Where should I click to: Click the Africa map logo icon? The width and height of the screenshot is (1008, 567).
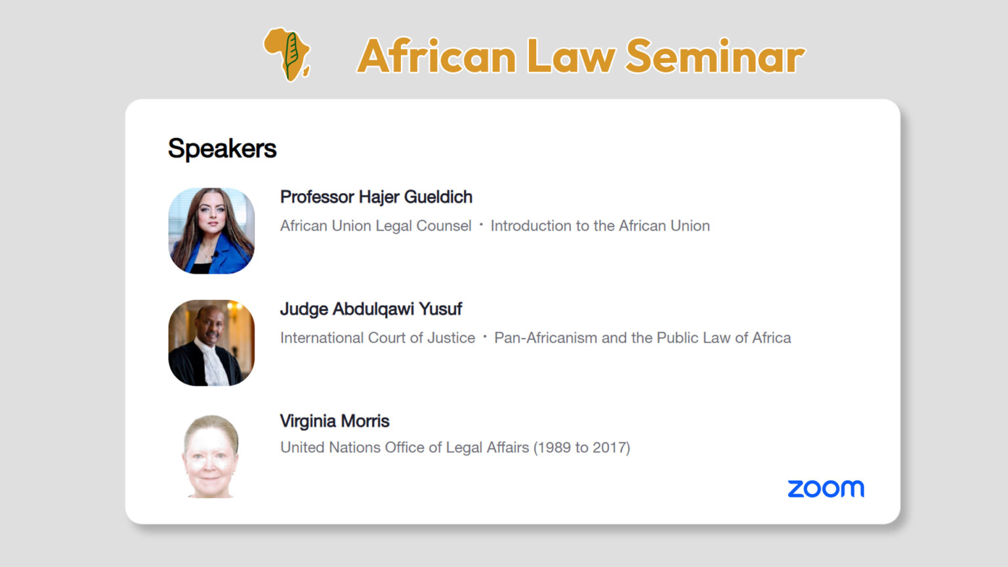tap(287, 54)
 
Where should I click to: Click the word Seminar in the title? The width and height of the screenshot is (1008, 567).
tap(715, 56)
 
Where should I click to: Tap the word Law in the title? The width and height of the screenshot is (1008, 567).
tap(570, 56)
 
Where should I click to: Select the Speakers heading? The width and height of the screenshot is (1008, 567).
tap(222, 148)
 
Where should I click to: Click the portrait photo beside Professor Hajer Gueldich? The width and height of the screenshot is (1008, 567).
tap(211, 231)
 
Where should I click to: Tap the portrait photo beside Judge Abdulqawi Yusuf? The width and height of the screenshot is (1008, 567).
tap(211, 343)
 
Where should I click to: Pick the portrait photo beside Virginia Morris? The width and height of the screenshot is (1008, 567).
tap(211, 456)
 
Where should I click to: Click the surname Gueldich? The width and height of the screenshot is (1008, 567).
tap(438, 197)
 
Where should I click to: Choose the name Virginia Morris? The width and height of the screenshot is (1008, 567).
tap(335, 421)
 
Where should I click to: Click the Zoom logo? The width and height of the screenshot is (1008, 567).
tap(826, 489)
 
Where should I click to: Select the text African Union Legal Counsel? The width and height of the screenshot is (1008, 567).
tap(375, 226)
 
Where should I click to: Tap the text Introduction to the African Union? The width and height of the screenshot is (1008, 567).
tap(600, 226)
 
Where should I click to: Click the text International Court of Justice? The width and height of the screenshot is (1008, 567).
tap(377, 338)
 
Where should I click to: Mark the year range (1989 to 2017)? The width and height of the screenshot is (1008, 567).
tap(581, 448)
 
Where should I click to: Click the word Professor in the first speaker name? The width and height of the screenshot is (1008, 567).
tap(318, 197)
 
